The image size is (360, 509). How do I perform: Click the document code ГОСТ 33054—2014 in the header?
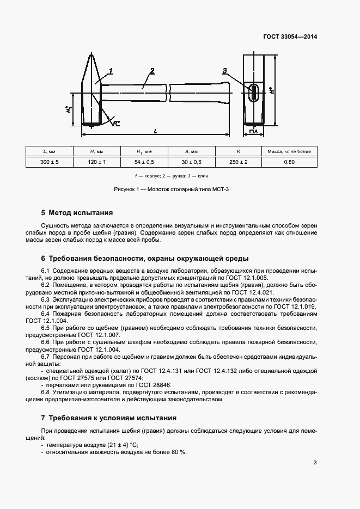(x=290, y=37)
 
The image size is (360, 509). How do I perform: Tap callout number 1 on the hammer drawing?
(x=110, y=71)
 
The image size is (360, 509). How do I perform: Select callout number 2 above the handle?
(x=152, y=71)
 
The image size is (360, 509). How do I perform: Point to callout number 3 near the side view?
(x=224, y=71)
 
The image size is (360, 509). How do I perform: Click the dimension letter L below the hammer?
(x=156, y=131)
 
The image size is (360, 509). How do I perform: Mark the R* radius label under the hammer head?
(x=116, y=123)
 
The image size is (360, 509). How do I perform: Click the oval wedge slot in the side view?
(x=254, y=92)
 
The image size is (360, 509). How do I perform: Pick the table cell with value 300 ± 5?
(x=50, y=162)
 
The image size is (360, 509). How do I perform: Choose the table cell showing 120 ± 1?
(x=97, y=162)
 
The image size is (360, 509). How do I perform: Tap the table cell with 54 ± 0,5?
(x=144, y=162)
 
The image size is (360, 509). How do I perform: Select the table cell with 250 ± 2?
(x=239, y=162)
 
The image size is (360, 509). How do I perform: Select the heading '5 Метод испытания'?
(x=77, y=213)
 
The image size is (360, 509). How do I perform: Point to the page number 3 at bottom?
(x=315, y=463)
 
